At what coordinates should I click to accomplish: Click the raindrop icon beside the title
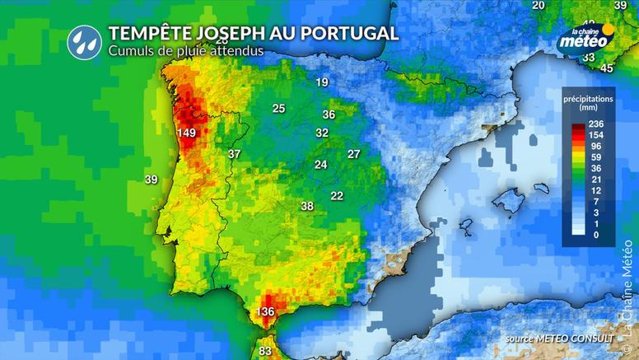(82, 39)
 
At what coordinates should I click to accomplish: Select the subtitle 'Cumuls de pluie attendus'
(185, 50)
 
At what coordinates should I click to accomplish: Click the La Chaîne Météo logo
(585, 38)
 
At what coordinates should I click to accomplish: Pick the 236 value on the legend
(597, 124)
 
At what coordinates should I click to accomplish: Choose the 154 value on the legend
(597, 134)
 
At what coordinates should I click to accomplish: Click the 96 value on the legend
(597, 146)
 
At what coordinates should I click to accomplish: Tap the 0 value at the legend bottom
(597, 236)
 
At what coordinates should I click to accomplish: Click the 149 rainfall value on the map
(186, 133)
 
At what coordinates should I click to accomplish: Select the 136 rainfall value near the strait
(265, 312)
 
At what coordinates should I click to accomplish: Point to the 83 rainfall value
(265, 352)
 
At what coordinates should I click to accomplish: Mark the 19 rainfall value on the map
(322, 82)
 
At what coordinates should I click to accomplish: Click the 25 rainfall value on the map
(279, 109)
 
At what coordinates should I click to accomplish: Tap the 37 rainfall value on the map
(235, 154)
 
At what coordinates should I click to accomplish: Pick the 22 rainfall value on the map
(337, 195)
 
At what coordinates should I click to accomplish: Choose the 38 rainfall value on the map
(307, 206)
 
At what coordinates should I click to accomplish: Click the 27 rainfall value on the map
(354, 154)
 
